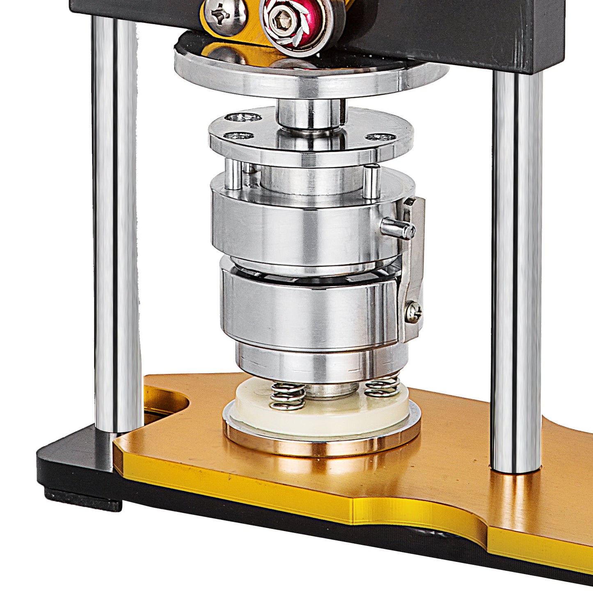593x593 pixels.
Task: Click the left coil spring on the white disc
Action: click(x=288, y=396)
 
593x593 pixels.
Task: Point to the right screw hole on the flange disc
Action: click(x=381, y=137)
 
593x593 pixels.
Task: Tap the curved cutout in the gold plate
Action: click(x=164, y=400)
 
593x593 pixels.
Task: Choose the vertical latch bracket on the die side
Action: click(x=412, y=267)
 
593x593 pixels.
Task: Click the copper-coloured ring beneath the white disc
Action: click(x=322, y=445)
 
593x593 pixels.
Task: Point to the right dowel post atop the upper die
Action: click(x=371, y=181)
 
